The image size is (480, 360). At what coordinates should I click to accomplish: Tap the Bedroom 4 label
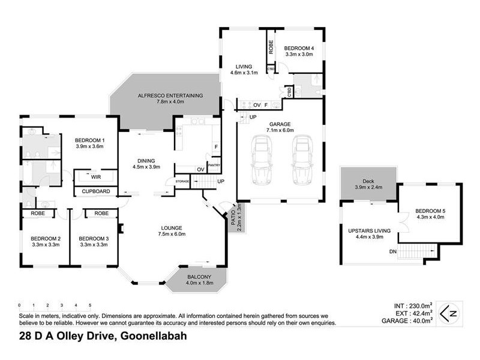tap(298, 50)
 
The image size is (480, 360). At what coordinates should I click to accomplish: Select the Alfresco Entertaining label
tap(170, 98)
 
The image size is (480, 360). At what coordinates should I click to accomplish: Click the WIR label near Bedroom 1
tap(95, 178)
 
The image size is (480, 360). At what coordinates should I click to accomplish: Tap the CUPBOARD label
tap(96, 191)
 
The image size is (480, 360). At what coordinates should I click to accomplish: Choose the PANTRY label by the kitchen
tap(214, 164)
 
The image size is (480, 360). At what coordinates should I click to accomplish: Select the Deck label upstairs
tap(368, 182)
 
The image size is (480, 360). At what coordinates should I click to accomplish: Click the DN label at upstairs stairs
tap(393, 251)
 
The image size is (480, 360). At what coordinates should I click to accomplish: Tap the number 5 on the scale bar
tap(90, 305)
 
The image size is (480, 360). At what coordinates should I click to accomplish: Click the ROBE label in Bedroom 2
tap(34, 213)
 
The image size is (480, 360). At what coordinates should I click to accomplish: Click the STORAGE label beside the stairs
tap(182, 181)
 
